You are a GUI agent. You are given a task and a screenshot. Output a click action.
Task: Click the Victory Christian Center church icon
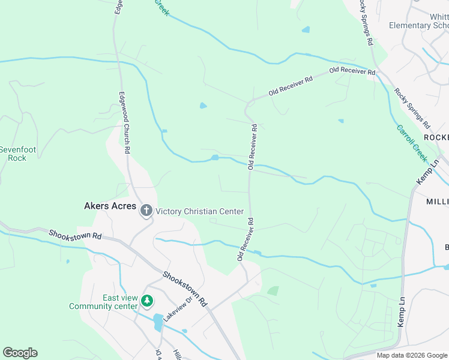click(146, 211)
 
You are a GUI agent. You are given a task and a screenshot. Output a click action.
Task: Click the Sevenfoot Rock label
click(13, 154)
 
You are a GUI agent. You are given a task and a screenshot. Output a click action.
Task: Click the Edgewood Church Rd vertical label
click(124, 123)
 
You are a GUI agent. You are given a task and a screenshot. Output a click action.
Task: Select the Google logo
click(20, 353)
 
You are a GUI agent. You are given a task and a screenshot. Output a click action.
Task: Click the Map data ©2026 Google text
click(411, 355)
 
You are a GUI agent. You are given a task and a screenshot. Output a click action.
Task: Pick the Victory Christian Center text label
click(199, 211)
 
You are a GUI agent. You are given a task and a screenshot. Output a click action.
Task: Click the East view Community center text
click(103, 302)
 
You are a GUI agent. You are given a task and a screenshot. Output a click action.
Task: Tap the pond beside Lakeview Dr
click(158, 322)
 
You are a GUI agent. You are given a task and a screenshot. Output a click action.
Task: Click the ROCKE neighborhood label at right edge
click(436, 137)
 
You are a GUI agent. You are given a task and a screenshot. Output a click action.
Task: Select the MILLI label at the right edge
click(437, 201)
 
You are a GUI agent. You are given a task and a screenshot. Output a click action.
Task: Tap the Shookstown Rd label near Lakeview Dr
click(185, 289)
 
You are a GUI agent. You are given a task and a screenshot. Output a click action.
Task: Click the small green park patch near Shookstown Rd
click(273, 291)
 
